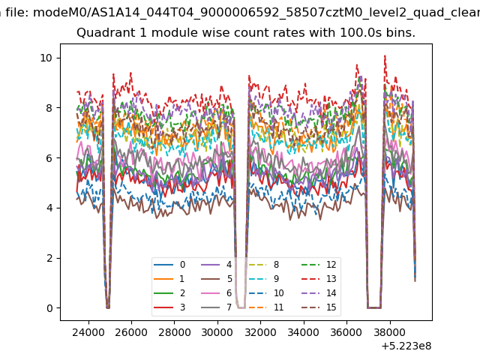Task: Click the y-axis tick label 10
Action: coord(46,58)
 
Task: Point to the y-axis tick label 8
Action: coord(49,108)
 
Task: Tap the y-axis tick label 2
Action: coord(49,258)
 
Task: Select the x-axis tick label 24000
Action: coord(88,332)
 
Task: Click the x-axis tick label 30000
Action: coord(217,332)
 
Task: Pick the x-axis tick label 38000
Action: coord(390,332)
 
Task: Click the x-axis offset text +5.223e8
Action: coord(406,346)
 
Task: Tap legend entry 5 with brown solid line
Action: coord(217,278)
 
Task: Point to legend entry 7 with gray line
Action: coord(217,307)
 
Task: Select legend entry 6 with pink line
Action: coord(217,293)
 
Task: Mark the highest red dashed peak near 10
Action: coord(385,56)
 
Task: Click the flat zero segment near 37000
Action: coord(374,307)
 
